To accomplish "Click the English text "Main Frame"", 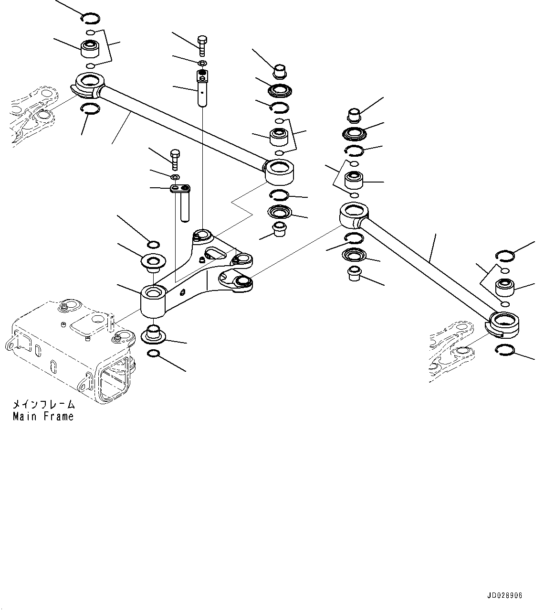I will [x=43, y=417].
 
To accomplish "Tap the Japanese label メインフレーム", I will [x=43, y=404].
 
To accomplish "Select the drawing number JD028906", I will [x=505, y=596].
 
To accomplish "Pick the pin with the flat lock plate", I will [x=184, y=203].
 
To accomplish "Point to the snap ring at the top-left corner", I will [x=90, y=19].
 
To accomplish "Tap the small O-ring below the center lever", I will [x=154, y=354].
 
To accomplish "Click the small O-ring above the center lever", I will [x=153, y=246].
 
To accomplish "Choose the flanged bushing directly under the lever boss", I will [x=153, y=333].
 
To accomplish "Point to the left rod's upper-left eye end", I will [x=89, y=84].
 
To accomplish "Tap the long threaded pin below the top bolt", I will [x=202, y=88].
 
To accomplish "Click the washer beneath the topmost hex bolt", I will [x=202, y=64].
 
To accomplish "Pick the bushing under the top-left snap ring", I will [x=89, y=48].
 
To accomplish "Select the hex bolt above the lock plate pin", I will [x=175, y=159].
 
